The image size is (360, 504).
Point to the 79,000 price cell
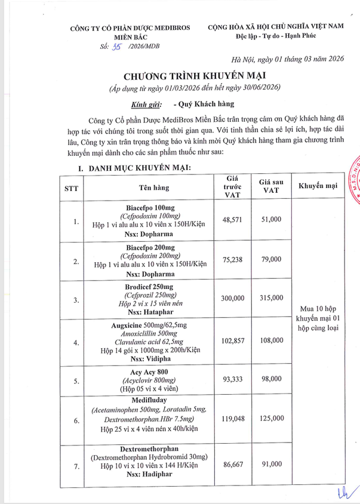[271, 259]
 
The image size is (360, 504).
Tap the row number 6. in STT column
[76, 420]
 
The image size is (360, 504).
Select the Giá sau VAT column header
[271, 186]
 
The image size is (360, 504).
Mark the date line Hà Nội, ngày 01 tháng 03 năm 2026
[288, 59]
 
